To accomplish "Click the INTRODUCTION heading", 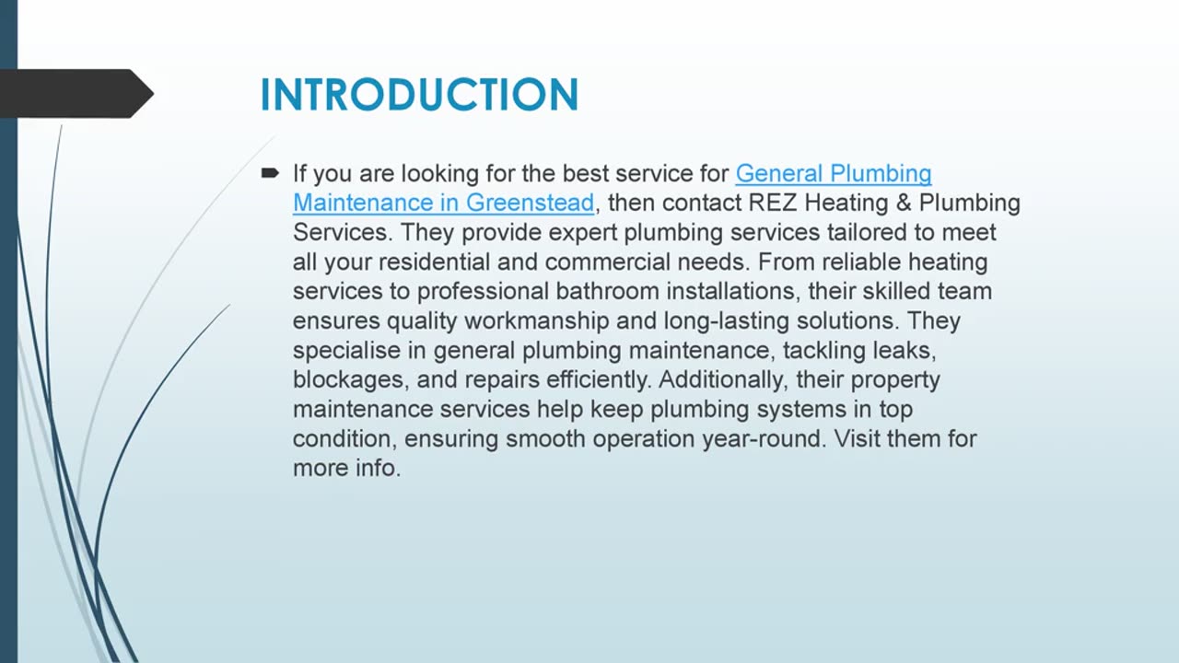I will tap(419, 95).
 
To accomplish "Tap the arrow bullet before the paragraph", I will tap(270, 173).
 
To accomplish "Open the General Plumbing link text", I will tap(834, 173).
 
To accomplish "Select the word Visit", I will tap(857, 438).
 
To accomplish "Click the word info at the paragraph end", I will tap(377, 468).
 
